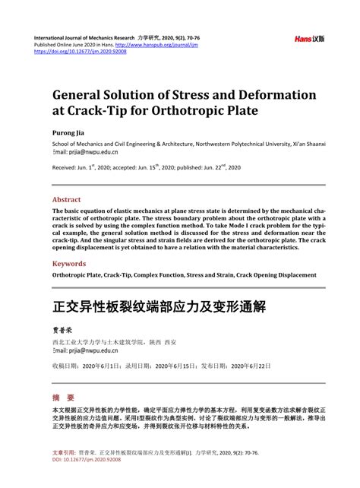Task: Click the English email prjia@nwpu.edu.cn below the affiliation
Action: [x=89, y=151]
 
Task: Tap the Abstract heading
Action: [x=71, y=200]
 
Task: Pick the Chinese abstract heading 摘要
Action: [x=63, y=398]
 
